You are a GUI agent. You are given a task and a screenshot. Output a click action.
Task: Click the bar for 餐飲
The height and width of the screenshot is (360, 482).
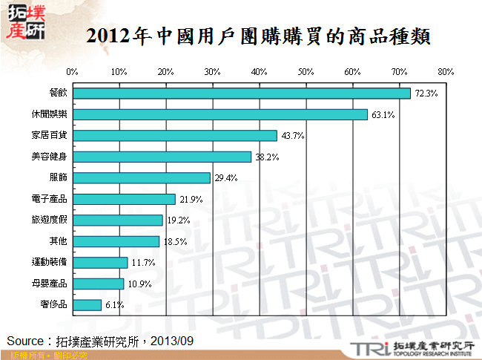pyautogui.click(x=241, y=94)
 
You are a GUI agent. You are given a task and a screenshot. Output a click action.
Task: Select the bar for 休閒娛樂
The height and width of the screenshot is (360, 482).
pyautogui.click(x=219, y=114)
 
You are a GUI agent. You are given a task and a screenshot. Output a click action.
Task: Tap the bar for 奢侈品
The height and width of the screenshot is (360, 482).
pyautogui.click(x=87, y=304)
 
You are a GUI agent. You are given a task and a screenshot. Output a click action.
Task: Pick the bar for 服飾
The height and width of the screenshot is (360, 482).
pyautogui.click(x=141, y=178)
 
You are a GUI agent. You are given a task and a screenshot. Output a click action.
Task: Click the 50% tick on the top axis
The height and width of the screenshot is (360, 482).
pyautogui.click(x=306, y=72)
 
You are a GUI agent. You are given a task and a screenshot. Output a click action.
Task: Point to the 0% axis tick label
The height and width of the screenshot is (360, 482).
pyautogui.click(x=72, y=72)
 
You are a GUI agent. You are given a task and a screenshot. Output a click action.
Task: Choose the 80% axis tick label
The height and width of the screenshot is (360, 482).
pyautogui.click(x=445, y=72)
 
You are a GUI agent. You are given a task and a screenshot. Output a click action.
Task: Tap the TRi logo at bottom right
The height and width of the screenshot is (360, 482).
pyautogui.click(x=367, y=348)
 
